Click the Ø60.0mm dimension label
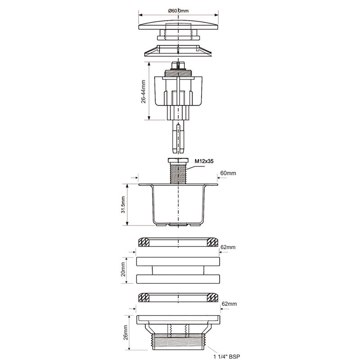click(x=178, y=10)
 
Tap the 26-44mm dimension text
click(x=144, y=91)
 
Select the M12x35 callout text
click(x=204, y=161)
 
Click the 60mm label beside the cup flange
click(x=228, y=173)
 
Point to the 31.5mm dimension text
click(x=123, y=205)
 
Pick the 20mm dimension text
click(x=123, y=270)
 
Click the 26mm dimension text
click(x=126, y=333)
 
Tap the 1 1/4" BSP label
click(x=227, y=356)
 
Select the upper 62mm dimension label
click(x=228, y=247)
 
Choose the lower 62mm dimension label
click(x=229, y=304)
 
